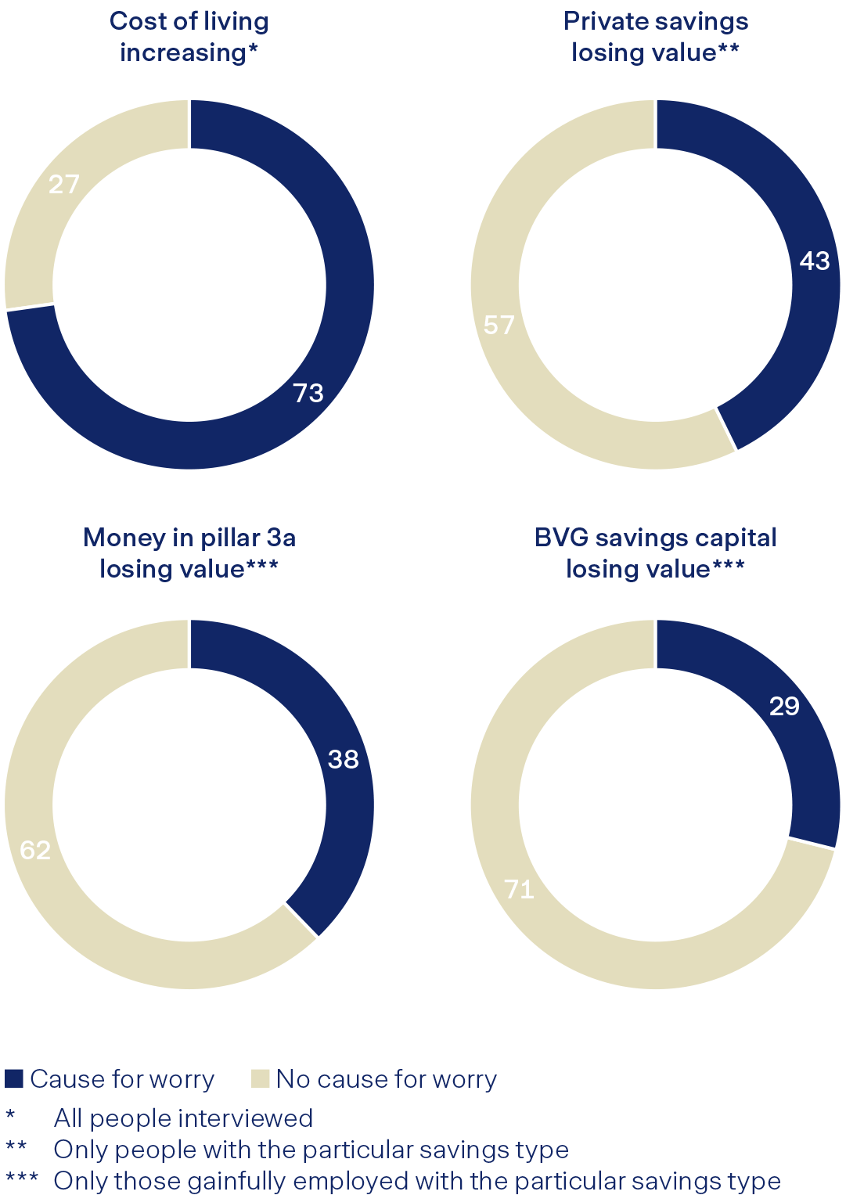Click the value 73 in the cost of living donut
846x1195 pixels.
(x=308, y=393)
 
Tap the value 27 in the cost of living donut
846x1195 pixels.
(x=64, y=185)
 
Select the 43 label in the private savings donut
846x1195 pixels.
(x=814, y=261)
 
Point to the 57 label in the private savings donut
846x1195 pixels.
(x=499, y=325)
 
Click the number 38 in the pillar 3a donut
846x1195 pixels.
(x=343, y=759)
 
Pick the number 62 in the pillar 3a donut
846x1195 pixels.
(x=35, y=850)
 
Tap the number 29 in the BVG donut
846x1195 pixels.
(x=784, y=707)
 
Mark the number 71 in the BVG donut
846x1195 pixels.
(x=519, y=889)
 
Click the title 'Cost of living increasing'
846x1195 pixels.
(x=189, y=37)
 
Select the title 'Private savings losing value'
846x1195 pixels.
(x=655, y=37)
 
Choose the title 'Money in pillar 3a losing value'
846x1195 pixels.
(x=189, y=553)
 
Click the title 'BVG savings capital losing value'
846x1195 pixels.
(x=655, y=553)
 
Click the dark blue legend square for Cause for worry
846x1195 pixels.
(x=14, y=1078)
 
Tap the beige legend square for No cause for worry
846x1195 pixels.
(x=260, y=1078)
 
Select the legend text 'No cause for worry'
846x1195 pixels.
(x=386, y=1079)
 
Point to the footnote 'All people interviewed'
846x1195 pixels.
(x=183, y=1118)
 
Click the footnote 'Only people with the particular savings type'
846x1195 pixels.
(x=311, y=1150)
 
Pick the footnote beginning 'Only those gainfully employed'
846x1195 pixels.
(x=416, y=1181)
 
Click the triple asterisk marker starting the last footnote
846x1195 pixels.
(x=21, y=1179)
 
